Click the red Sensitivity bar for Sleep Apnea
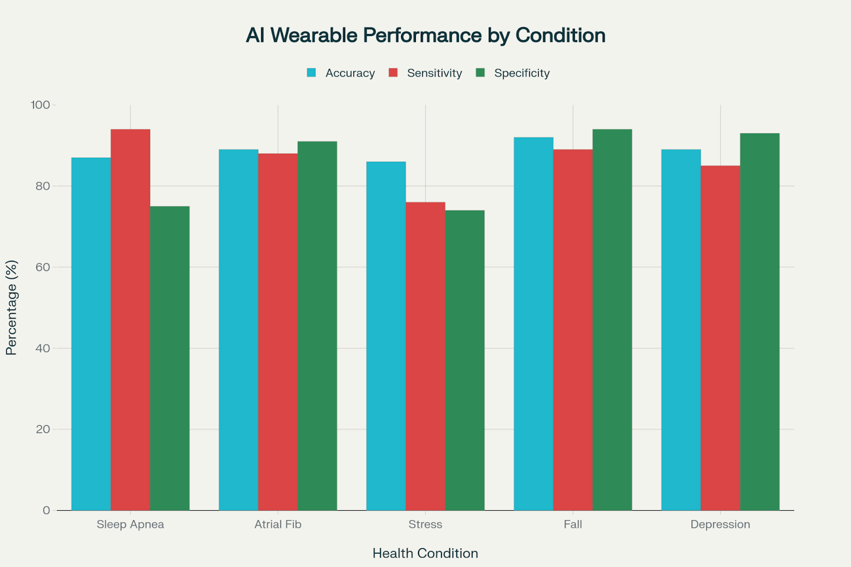pos(130,319)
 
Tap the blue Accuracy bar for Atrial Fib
pos(238,330)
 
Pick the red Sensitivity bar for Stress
pos(425,356)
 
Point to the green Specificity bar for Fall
pos(612,319)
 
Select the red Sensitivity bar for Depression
pos(720,338)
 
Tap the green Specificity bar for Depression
pos(760,321)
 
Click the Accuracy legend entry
pos(349,73)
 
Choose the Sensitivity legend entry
pos(434,73)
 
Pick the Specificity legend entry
pos(521,73)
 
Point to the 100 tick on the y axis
pos(40,105)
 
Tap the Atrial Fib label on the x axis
pos(278,524)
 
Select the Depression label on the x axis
pos(720,524)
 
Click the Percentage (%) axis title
pos(11,307)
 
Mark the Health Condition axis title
pos(425,553)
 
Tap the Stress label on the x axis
pos(425,524)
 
